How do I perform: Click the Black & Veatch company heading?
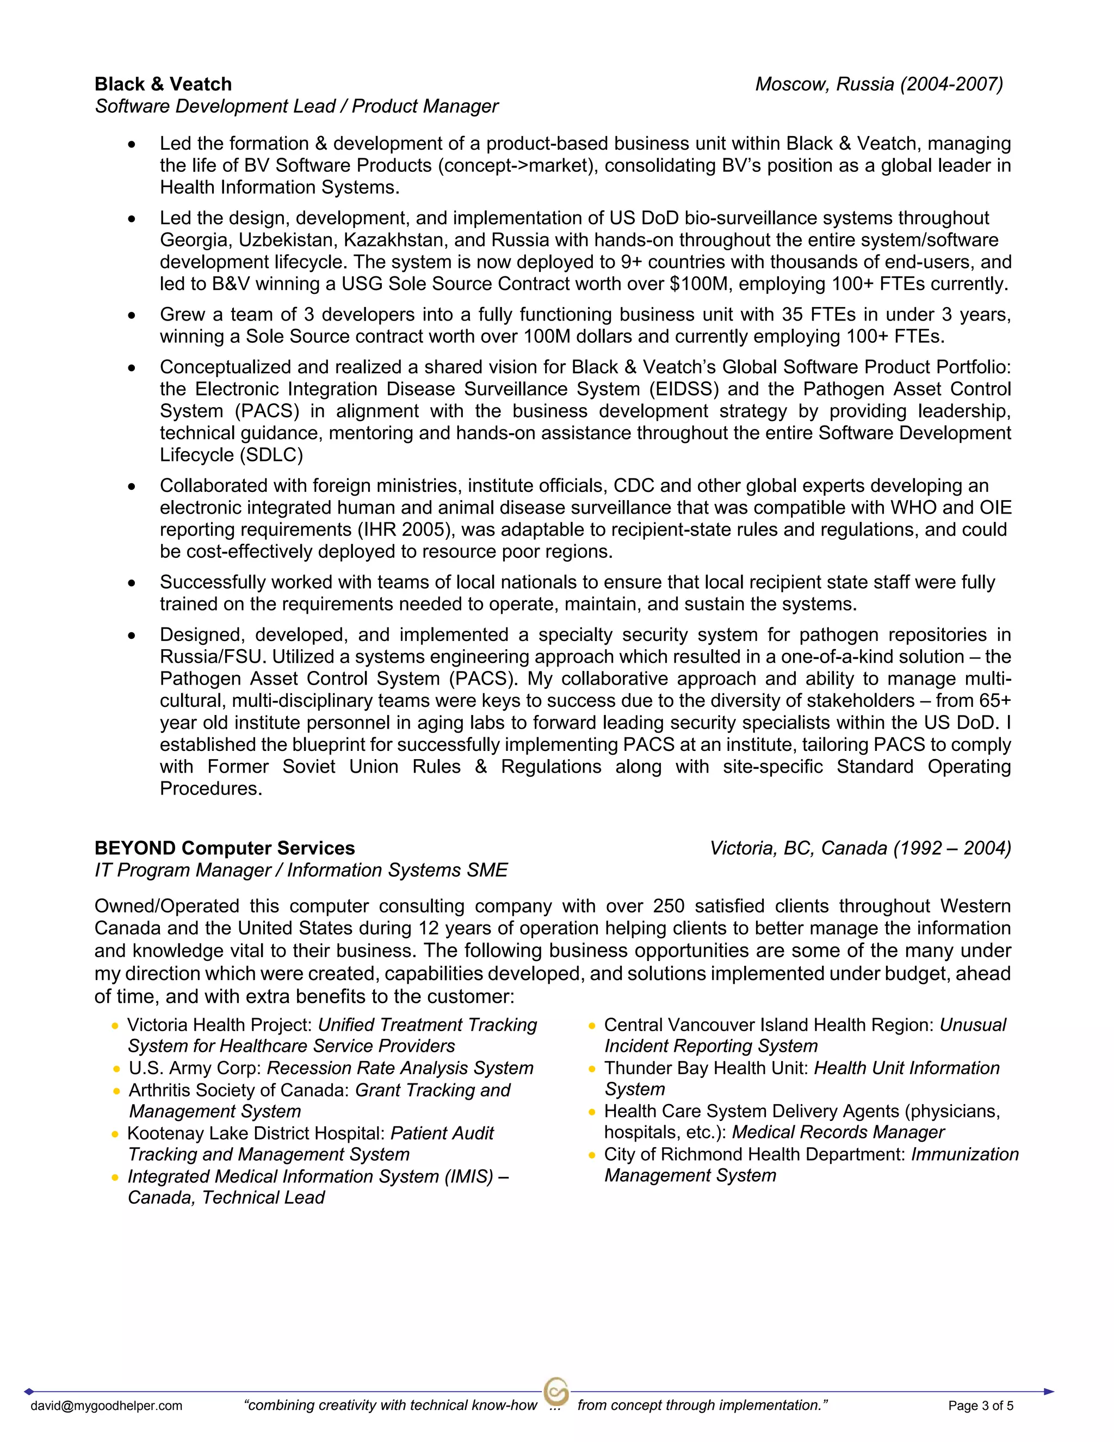163,84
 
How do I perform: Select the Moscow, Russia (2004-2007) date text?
878,84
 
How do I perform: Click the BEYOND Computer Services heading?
225,848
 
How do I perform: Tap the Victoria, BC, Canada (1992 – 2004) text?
860,848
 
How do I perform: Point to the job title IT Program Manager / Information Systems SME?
301,870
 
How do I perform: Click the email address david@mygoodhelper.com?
106,1406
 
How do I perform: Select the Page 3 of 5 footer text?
980,1406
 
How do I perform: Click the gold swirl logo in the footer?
556,1391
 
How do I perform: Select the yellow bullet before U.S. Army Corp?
116,1069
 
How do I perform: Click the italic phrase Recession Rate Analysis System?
400,1068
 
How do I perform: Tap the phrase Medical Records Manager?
838,1132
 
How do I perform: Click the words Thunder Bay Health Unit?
705,1068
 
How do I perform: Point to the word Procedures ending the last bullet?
211,788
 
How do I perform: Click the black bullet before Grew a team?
132,316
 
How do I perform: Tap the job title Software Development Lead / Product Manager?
296,106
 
